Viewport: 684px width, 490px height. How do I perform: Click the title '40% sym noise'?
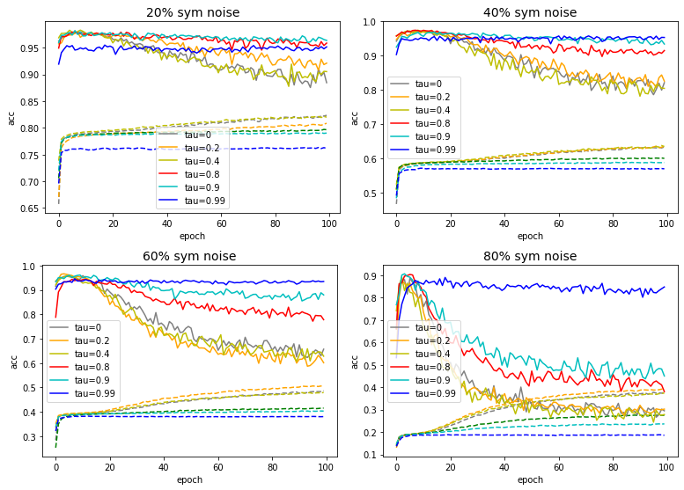click(x=530, y=12)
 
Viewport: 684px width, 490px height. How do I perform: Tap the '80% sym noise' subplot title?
click(x=530, y=256)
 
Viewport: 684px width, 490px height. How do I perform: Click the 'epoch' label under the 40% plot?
click(x=530, y=236)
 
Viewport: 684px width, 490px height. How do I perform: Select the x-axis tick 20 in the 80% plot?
click(x=451, y=470)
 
